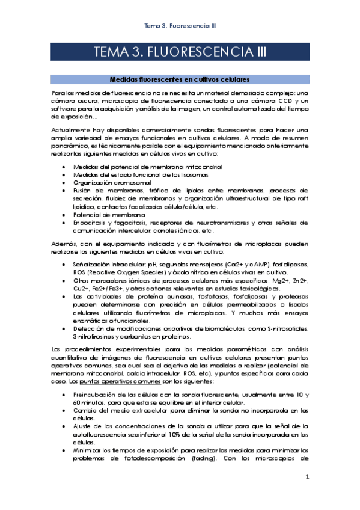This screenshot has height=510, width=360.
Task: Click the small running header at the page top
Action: click(x=180, y=26)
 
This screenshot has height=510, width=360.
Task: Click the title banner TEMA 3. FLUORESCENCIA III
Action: click(x=180, y=52)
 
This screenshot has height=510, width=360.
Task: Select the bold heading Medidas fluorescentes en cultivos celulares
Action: click(x=180, y=79)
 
